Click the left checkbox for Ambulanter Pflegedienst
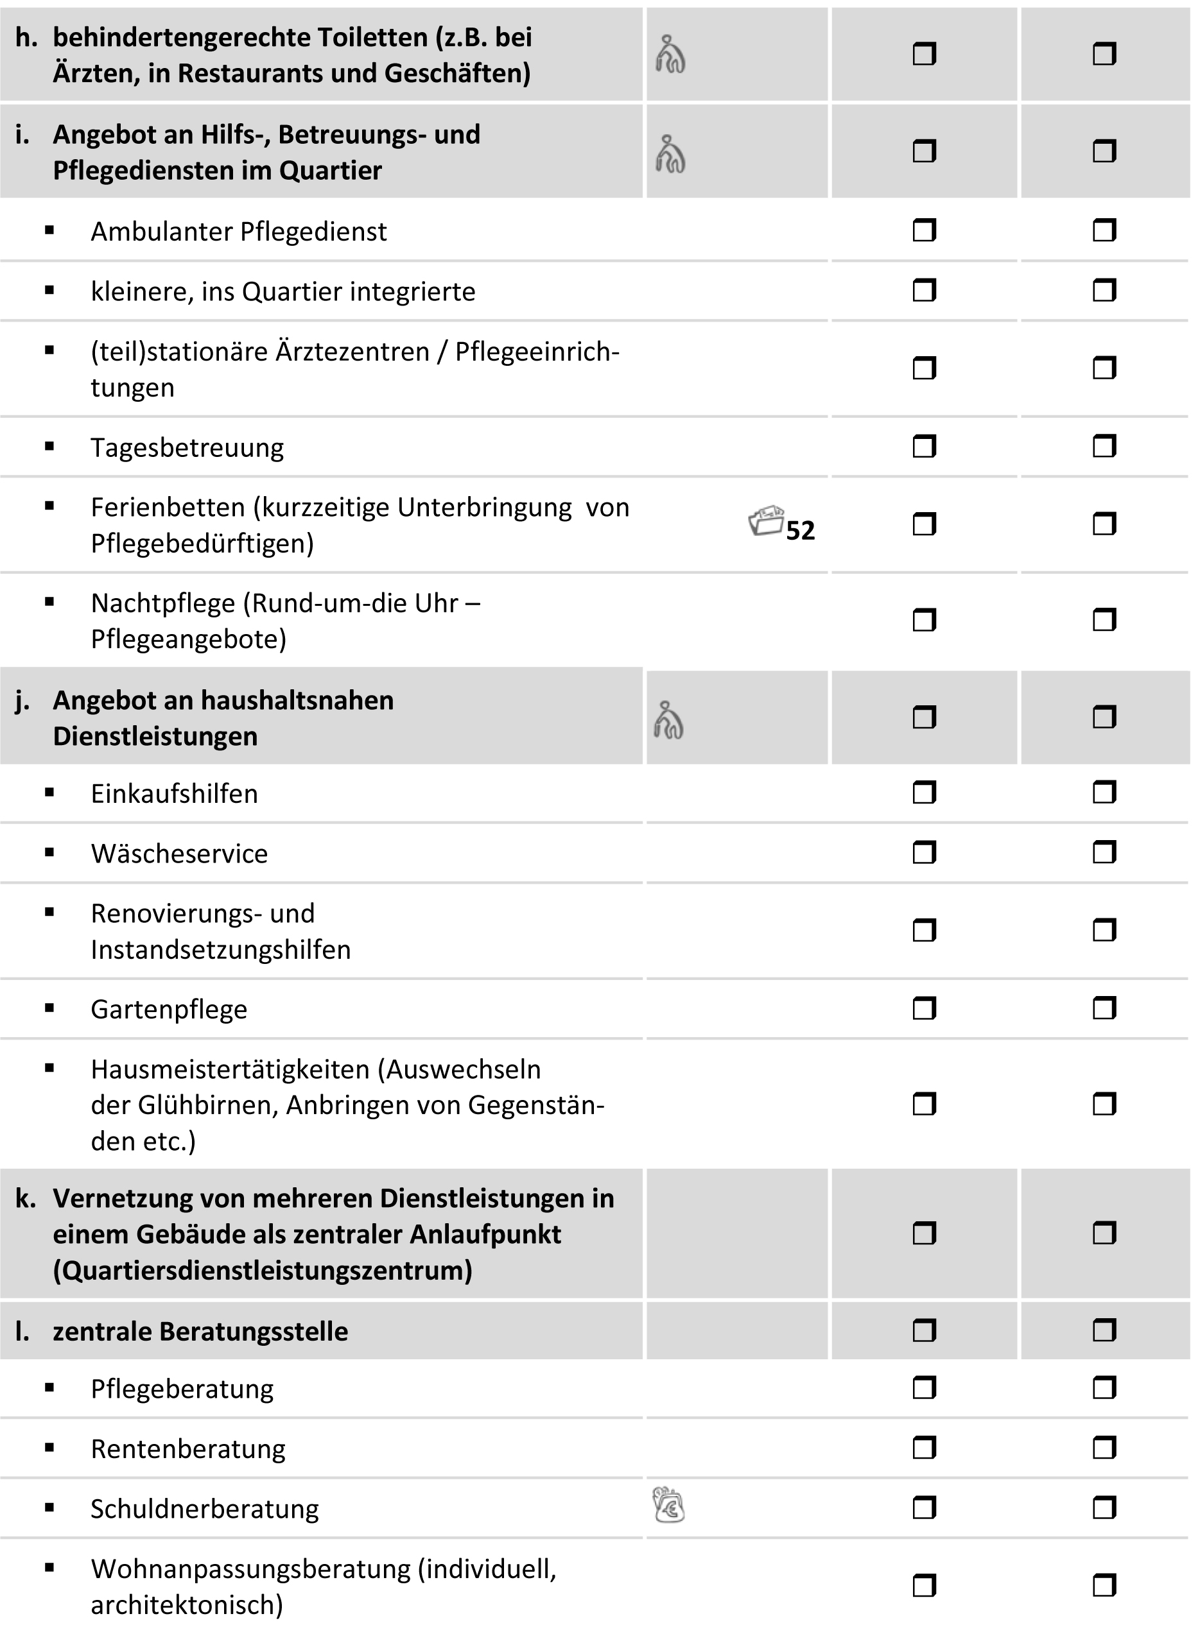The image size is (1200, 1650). [923, 231]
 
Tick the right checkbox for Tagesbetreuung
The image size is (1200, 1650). [1104, 446]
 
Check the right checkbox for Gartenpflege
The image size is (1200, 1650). [1104, 1008]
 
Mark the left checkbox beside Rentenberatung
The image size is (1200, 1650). [923, 1448]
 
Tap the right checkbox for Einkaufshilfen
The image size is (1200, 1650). [1104, 792]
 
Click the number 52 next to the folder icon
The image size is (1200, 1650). [801, 530]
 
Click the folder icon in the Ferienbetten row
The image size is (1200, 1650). [766, 521]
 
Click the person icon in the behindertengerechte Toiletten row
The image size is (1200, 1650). [670, 55]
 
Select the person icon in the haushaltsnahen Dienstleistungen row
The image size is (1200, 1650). [668, 719]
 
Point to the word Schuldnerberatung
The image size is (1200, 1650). [204, 1509]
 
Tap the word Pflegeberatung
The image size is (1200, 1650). [182, 1389]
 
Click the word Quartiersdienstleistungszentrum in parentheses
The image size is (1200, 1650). [263, 1270]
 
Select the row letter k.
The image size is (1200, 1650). [25, 1198]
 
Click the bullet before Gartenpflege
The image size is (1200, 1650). [49, 1008]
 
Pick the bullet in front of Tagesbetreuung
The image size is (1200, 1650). [49, 447]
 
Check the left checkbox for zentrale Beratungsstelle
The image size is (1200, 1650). [923, 1330]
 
